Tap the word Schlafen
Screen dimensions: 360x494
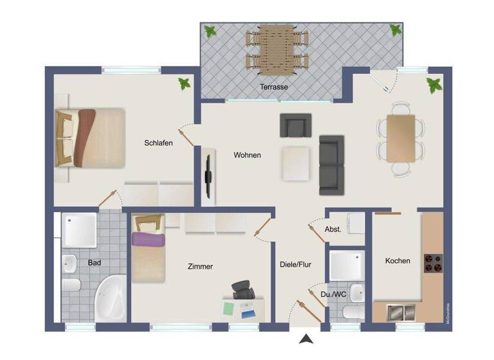tap(158, 143)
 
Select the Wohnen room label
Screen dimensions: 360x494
tap(247, 155)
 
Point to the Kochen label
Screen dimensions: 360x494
tap(398, 260)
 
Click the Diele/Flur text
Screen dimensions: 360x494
tap(296, 264)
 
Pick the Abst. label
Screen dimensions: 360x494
tap(333, 229)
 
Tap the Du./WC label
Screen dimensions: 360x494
tap(333, 295)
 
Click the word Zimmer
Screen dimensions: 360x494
tap(200, 266)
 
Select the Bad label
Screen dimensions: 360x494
tap(95, 262)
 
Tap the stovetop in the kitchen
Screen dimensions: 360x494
tap(433, 264)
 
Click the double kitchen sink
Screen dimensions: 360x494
tap(403, 312)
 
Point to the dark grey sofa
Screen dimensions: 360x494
tap(332, 165)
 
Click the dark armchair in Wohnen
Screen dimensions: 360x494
tap(295, 125)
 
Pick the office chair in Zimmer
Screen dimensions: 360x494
tap(242, 291)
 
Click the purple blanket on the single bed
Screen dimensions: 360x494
tap(149, 240)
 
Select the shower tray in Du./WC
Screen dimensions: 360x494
tap(346, 267)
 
